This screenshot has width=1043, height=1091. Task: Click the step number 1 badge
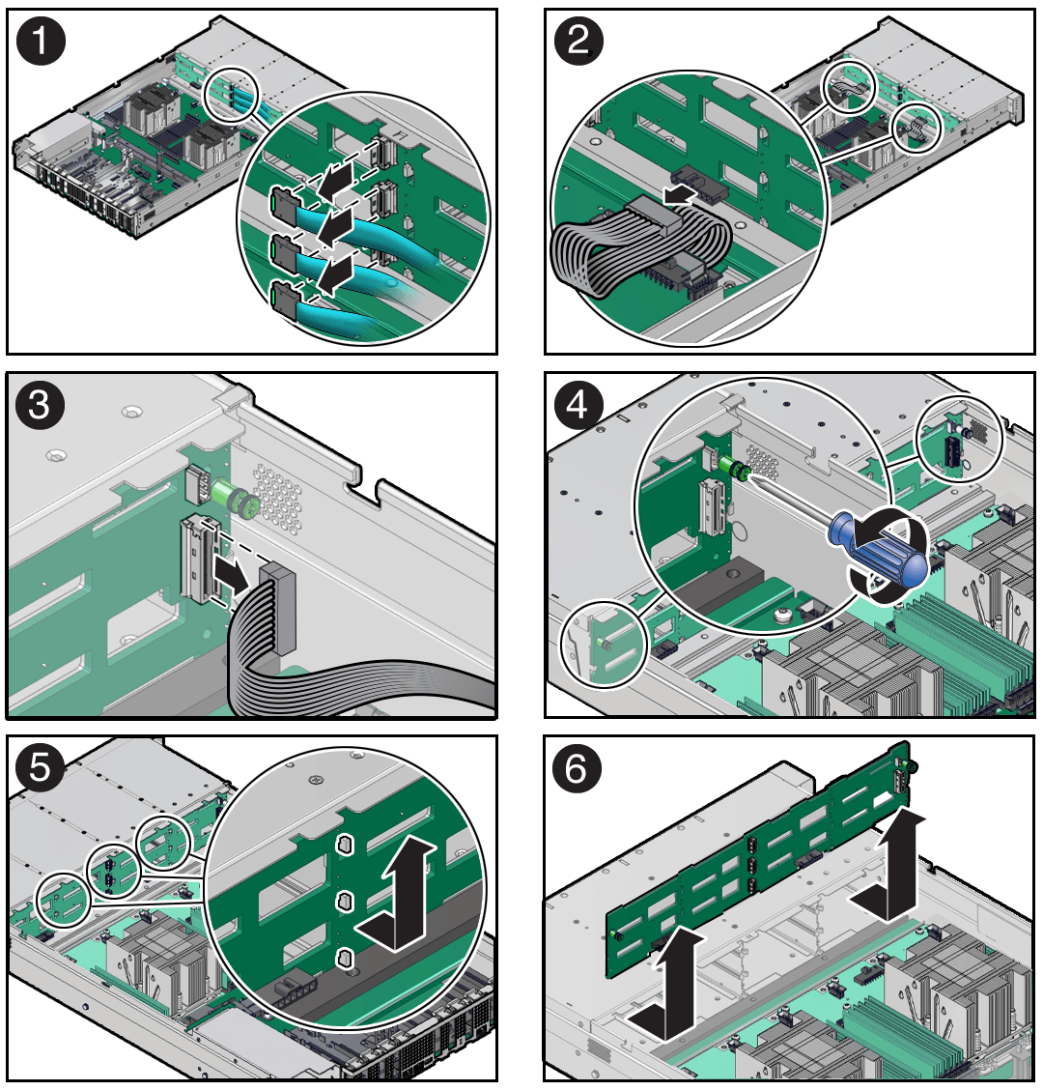[x=41, y=41]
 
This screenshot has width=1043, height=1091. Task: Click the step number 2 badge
[x=578, y=41]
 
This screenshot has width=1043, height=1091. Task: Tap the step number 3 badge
[x=41, y=404]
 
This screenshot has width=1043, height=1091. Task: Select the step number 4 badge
[x=578, y=404]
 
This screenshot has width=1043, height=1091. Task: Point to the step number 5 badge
[x=41, y=768]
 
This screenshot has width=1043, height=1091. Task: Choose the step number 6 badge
[x=577, y=768]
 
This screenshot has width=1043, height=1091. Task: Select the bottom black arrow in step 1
[x=334, y=274]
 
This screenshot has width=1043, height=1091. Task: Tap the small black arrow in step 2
[x=679, y=194]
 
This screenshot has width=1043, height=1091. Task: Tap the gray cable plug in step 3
[x=277, y=608]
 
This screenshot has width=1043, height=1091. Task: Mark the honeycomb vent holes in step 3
[x=278, y=499]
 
